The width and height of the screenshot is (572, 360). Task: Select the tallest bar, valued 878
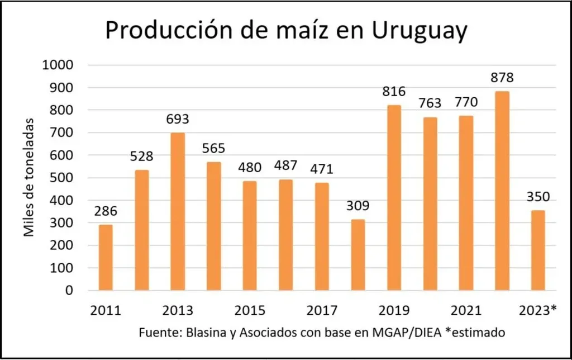[x=502, y=191]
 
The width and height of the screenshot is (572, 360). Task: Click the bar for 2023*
[x=538, y=250]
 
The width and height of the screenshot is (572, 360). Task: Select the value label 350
[x=538, y=197]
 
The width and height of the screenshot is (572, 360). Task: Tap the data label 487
[x=285, y=167]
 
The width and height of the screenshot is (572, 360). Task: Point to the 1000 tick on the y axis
[x=58, y=65]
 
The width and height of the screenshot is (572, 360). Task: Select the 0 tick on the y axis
[x=70, y=291]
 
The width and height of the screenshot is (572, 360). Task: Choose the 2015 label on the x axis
[x=250, y=311]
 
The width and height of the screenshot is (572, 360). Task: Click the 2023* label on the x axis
[x=538, y=311]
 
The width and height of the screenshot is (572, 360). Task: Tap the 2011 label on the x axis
[x=106, y=311]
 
